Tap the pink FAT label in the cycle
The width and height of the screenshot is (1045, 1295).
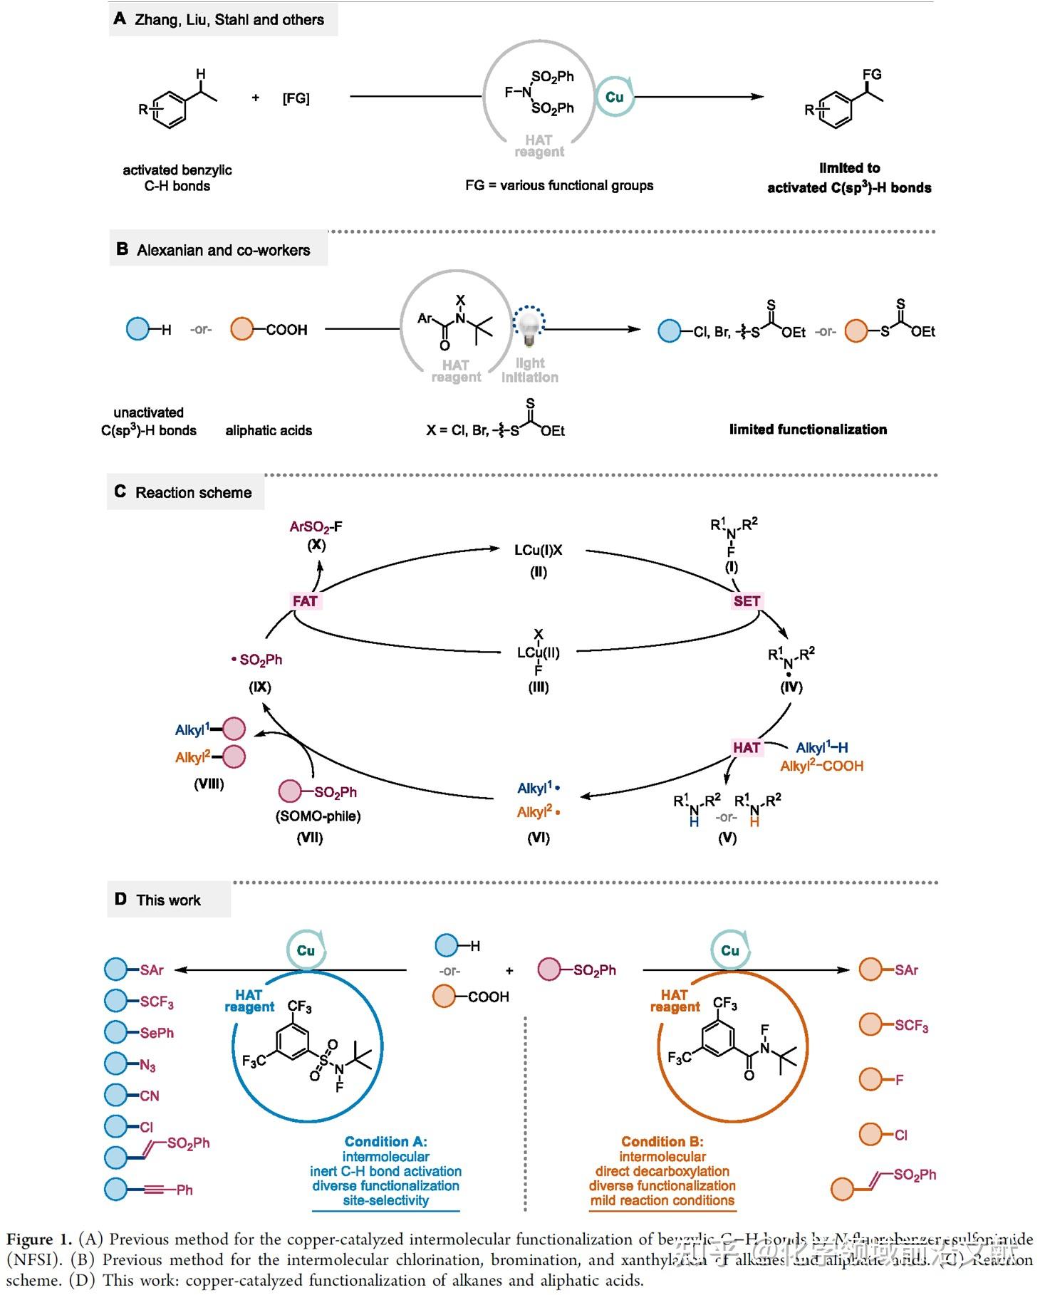coord(305,601)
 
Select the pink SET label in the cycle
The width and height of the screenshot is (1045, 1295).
coord(747,601)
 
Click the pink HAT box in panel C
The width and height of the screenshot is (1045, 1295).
coord(747,747)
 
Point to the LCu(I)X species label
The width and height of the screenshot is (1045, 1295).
coord(539,550)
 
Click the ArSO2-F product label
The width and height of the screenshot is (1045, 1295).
coord(316,527)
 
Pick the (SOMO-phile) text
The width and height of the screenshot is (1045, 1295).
coord(318,816)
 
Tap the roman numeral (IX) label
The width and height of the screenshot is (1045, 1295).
coord(259,687)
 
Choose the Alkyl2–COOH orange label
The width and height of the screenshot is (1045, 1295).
coord(821,766)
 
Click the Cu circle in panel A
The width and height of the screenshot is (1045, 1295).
coord(614,97)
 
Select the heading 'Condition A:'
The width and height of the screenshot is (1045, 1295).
coord(385,1142)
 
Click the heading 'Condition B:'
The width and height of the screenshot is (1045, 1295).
coord(662,1142)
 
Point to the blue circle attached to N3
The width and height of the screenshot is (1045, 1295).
coord(116,1063)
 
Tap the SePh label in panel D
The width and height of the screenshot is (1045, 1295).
coord(157,1033)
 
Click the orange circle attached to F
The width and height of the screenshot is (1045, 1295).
coord(871,1079)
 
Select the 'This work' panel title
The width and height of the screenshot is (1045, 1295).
coord(168,900)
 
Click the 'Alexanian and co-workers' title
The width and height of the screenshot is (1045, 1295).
coord(223,250)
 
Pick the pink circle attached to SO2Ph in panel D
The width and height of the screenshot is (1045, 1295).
coord(549,969)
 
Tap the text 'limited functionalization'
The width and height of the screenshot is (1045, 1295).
coord(808,429)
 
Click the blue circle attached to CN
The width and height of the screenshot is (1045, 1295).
coord(116,1095)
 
